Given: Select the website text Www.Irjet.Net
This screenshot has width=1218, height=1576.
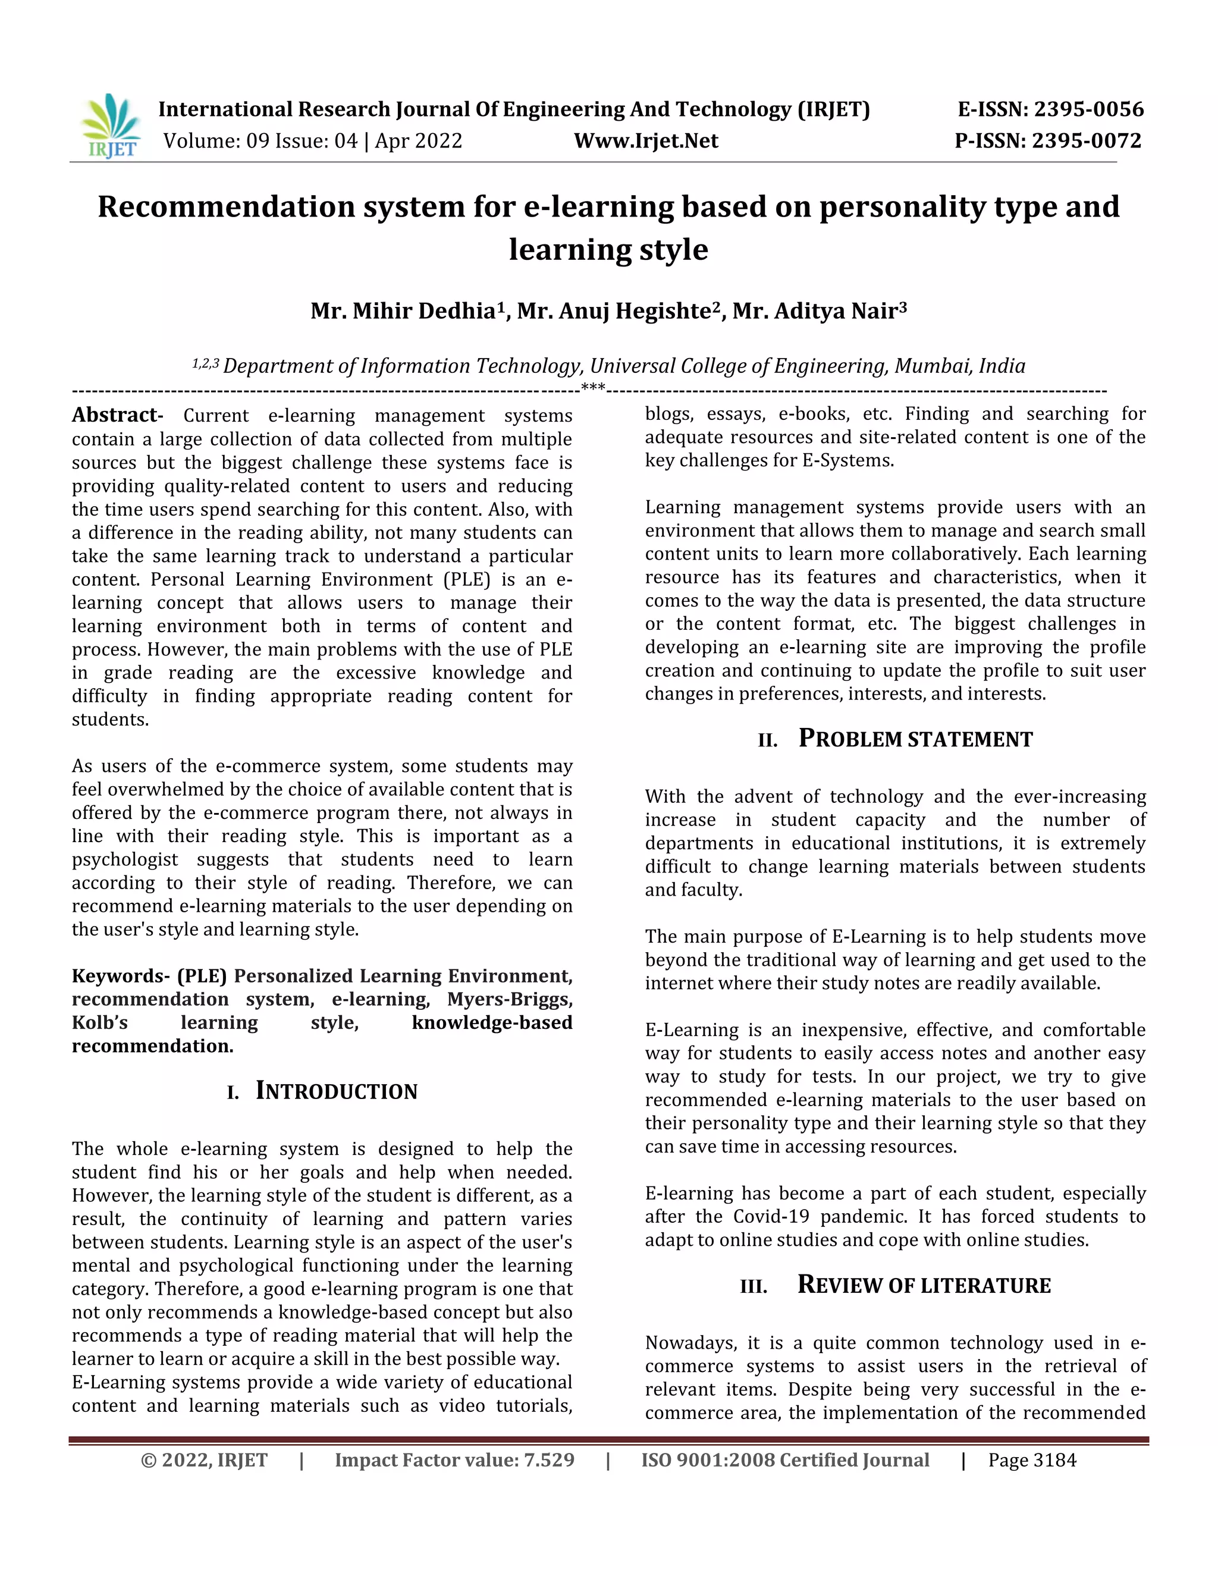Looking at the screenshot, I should tap(646, 141).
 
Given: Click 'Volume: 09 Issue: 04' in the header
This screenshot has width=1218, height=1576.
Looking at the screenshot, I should tap(260, 141).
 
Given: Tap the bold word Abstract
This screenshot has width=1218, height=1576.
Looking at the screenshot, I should tap(115, 415).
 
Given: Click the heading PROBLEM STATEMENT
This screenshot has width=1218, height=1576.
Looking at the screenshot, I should tap(915, 738).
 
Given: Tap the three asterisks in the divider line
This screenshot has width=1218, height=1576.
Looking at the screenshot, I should tap(593, 388).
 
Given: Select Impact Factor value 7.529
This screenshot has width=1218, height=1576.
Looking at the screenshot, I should tap(454, 1460).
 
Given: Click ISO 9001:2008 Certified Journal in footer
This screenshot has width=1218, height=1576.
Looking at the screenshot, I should tap(785, 1460).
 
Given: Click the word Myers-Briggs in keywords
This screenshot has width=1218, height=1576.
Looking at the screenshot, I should tap(510, 1000).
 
